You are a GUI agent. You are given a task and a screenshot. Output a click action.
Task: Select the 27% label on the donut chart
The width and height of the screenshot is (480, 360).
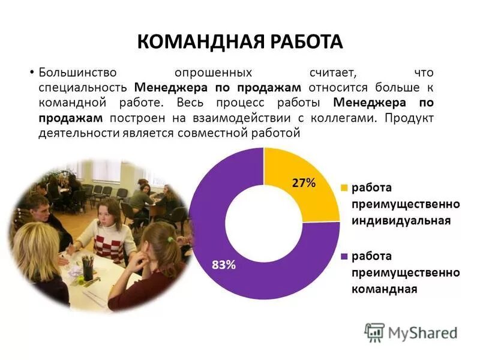[304, 184]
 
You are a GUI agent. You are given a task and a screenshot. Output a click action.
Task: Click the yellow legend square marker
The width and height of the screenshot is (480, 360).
[344, 188]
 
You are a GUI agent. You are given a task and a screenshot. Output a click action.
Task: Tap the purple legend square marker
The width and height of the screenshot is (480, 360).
[344, 256]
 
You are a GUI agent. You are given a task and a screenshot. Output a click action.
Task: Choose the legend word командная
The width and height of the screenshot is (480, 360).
[384, 289]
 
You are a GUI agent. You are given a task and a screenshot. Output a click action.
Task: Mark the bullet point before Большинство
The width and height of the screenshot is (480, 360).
[31, 73]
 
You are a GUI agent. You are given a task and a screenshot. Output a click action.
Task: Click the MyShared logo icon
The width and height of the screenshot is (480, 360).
[374, 332]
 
